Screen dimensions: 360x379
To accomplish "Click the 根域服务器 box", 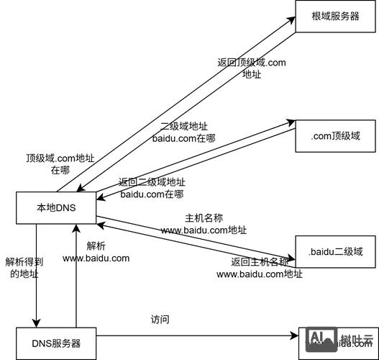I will [335, 17].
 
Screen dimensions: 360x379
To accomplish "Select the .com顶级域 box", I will [335, 135].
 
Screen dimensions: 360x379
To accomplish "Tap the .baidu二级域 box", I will [335, 252].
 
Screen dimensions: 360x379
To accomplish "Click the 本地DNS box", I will [56, 208].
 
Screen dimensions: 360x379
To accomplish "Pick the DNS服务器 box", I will [56, 343].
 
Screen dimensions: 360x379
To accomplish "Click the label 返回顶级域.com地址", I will [252, 68].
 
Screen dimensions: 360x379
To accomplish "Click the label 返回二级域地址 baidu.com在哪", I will [152, 188].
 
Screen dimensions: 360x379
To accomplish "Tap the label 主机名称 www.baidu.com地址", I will [204, 224].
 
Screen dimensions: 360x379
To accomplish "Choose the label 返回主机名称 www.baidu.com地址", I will [260, 267].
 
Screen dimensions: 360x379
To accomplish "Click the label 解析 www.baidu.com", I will [96, 252].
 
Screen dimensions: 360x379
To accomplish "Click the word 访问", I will [160, 320].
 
